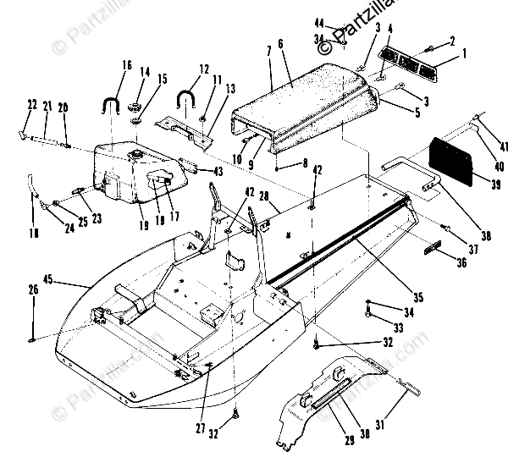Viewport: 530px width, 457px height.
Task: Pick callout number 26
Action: [33, 290]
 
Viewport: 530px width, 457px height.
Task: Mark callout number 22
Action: [32, 105]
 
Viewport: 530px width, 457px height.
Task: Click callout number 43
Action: [218, 171]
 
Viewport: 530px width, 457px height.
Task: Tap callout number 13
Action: [230, 88]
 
